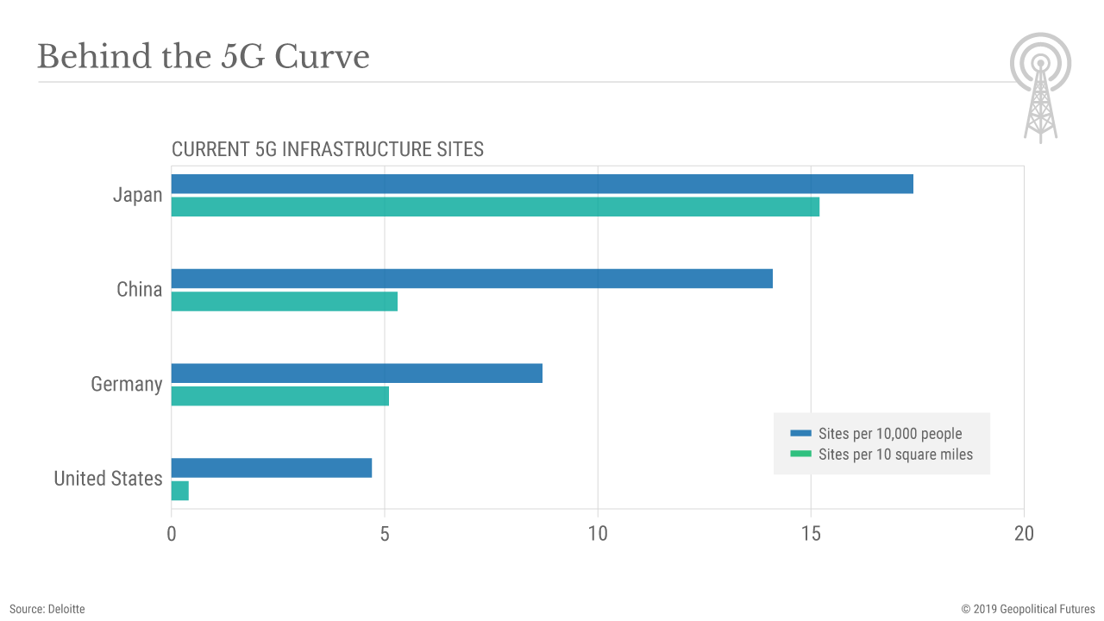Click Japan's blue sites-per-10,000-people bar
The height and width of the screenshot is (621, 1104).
pyautogui.click(x=542, y=184)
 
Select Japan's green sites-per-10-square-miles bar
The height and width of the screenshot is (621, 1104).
pyautogui.click(x=495, y=207)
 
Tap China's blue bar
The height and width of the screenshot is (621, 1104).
pyautogui.click(x=472, y=279)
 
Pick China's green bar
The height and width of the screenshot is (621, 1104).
pyautogui.click(x=285, y=301)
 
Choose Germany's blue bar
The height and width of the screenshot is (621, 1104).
pyautogui.click(x=357, y=373)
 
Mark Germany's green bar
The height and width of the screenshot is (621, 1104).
pyautogui.click(x=280, y=396)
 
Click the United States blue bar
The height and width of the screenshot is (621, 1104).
pyautogui.click(x=272, y=467)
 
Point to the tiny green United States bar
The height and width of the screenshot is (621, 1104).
pyautogui.click(x=180, y=491)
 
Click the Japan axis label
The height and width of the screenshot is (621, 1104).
pyautogui.click(x=137, y=195)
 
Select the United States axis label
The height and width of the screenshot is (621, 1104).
pyautogui.click(x=108, y=479)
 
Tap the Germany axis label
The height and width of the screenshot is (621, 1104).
pyautogui.click(x=127, y=384)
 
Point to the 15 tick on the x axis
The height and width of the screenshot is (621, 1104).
pyautogui.click(x=811, y=534)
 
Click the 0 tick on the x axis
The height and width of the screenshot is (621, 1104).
pyautogui.click(x=172, y=534)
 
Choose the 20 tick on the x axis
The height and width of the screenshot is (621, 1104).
pyautogui.click(x=1024, y=534)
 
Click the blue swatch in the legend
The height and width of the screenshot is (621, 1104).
pyautogui.click(x=801, y=433)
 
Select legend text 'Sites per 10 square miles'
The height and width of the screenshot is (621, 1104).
pyautogui.click(x=895, y=455)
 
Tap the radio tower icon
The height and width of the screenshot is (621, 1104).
pyautogui.click(x=1041, y=87)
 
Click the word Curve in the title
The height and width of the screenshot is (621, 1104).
pyautogui.click(x=322, y=58)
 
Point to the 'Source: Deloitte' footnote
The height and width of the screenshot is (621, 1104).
pyautogui.click(x=47, y=609)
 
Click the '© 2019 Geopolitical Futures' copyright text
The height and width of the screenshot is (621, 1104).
pyautogui.click(x=1028, y=609)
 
